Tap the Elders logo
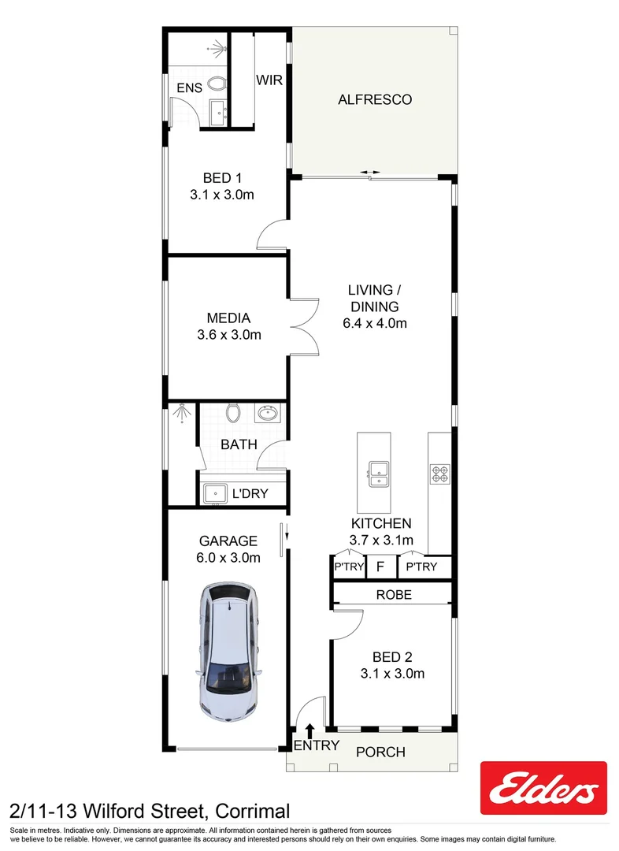(543, 788)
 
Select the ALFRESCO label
(375, 100)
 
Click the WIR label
(269, 80)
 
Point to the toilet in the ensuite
(219, 84)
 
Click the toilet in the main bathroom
(232, 412)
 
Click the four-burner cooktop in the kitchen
(439, 474)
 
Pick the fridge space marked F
(380, 567)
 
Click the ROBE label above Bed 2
(393, 595)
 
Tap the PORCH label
(380, 752)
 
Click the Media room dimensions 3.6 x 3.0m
(228, 335)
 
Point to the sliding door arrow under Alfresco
(369, 173)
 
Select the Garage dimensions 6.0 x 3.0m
(228, 558)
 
